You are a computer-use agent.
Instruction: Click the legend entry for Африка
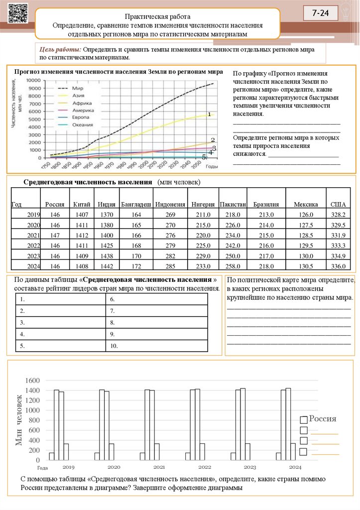tap(78, 103)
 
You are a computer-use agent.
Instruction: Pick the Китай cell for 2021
tap(81, 235)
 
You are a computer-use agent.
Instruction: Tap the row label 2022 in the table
tap(33, 245)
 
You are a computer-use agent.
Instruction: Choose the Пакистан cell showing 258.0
tap(233, 266)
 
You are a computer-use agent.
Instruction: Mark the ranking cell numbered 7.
tap(157, 311)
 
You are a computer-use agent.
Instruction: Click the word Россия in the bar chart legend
tap(323, 419)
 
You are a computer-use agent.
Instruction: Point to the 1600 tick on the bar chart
tap(32, 380)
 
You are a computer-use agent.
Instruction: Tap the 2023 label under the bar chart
tap(250, 467)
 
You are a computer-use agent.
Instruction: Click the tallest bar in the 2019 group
tap(56, 425)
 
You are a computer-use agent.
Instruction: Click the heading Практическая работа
tap(157, 16)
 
